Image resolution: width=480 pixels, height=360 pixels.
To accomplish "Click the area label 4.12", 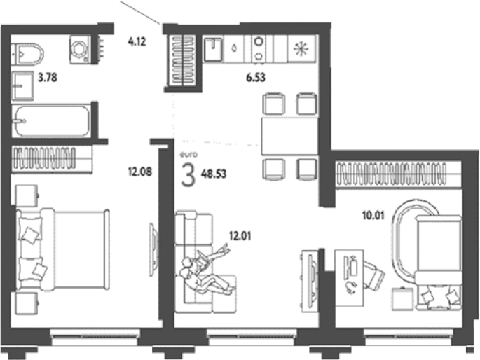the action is click(x=137, y=41).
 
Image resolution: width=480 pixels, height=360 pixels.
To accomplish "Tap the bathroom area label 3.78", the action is click(x=48, y=77).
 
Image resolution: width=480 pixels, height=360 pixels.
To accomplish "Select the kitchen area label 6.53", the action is click(x=256, y=77).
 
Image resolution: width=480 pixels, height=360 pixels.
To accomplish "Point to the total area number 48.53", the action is click(x=214, y=174).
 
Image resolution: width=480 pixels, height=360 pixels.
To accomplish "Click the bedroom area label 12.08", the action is click(x=140, y=172).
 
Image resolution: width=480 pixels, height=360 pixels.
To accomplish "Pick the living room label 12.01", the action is click(x=240, y=236).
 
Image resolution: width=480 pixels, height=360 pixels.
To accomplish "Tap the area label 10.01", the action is click(x=373, y=216).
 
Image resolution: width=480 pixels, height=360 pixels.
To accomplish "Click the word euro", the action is click(x=188, y=155).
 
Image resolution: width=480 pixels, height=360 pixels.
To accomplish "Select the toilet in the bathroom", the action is click(x=27, y=54).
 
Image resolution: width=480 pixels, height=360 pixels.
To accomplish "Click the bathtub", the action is click(x=51, y=121).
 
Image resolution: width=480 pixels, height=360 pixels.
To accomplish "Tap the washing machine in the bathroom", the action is click(x=80, y=49).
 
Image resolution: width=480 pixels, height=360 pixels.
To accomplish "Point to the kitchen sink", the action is click(x=213, y=49).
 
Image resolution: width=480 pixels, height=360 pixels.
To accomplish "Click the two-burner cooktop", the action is click(x=259, y=49).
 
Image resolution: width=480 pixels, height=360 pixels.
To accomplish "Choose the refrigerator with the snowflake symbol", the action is click(x=301, y=49).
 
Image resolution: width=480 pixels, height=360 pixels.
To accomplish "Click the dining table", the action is click(x=289, y=137).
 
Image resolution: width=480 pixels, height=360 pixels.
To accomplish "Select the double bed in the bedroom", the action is click(x=63, y=249).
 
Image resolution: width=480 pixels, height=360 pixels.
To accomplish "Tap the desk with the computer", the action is click(x=349, y=278).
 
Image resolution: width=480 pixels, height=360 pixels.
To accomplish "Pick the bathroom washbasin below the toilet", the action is click(x=22, y=86).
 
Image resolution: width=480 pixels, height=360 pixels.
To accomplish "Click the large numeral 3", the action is click(x=188, y=174).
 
